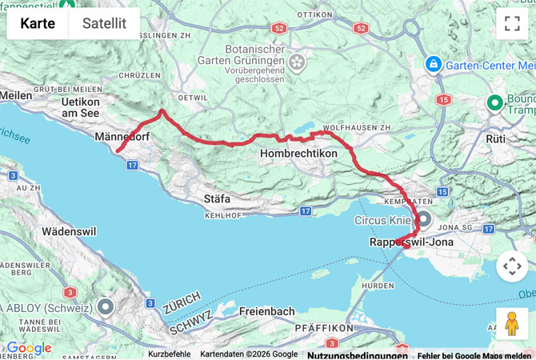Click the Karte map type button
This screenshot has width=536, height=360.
38,24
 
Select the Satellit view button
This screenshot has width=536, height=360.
104,24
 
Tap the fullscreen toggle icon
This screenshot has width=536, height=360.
512,24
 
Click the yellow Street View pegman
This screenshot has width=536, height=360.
512,323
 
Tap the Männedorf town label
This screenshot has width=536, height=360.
122,137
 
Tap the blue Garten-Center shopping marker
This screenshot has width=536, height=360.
433,62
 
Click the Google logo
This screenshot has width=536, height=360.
29,348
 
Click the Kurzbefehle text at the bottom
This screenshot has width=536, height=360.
169,354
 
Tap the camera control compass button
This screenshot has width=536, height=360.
512,266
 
